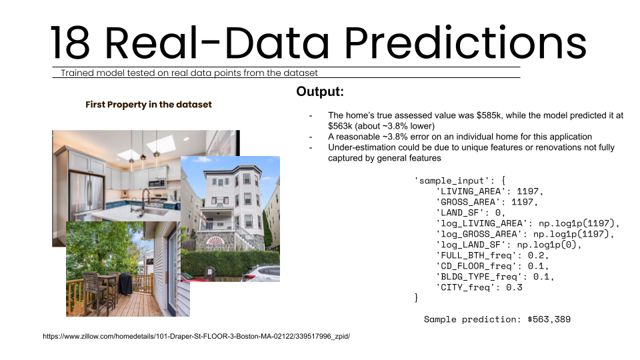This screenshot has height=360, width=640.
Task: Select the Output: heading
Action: [320, 92]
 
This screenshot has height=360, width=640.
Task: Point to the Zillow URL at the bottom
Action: [196, 337]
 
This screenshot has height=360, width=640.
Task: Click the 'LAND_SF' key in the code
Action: [458, 213]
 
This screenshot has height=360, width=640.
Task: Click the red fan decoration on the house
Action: [221, 239]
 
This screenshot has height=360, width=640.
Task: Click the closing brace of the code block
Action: [417, 297]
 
